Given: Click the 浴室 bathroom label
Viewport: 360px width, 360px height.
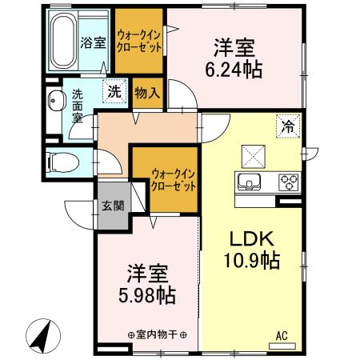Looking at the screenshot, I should [x=93, y=43].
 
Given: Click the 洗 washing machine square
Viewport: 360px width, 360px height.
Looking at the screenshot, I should [x=114, y=92].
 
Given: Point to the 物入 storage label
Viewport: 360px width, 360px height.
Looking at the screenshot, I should [x=146, y=93].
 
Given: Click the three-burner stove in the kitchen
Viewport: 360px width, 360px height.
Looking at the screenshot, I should [x=287, y=182].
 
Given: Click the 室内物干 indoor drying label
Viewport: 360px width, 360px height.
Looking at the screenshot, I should [x=158, y=336].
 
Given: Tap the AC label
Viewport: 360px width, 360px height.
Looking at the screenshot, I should [x=281, y=336].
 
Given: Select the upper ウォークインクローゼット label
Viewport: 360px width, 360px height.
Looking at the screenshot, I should [x=139, y=41].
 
